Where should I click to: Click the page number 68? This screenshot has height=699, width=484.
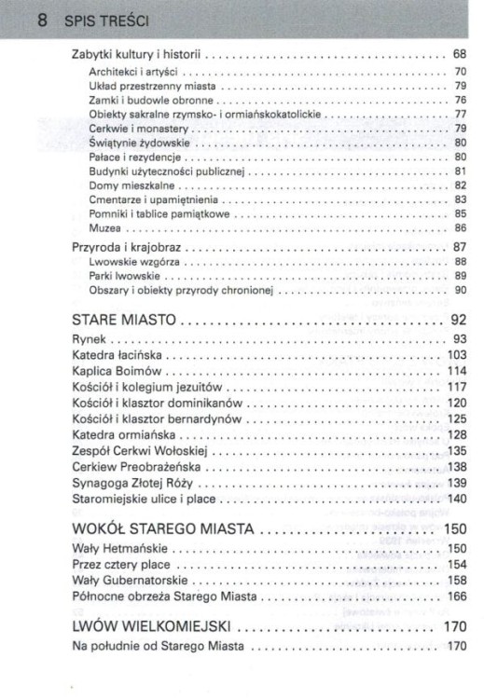click(x=459, y=55)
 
